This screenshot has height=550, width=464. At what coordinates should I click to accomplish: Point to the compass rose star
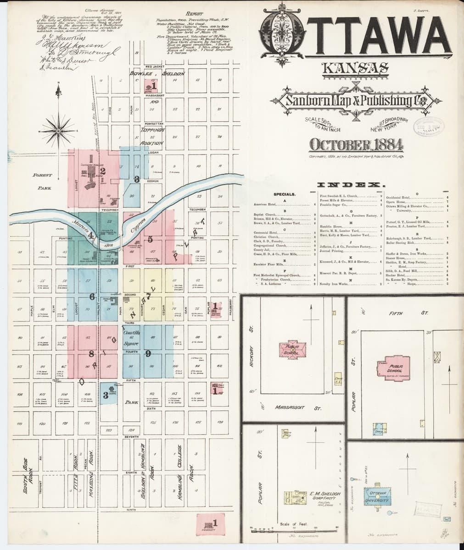(x=58, y=127)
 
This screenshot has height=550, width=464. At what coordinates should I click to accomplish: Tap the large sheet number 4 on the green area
(x=91, y=236)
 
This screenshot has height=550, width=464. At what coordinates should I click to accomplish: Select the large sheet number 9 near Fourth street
(x=148, y=353)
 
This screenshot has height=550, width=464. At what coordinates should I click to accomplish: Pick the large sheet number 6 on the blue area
(x=92, y=297)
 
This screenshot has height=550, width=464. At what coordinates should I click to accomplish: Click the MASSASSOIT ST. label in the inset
(x=298, y=407)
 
